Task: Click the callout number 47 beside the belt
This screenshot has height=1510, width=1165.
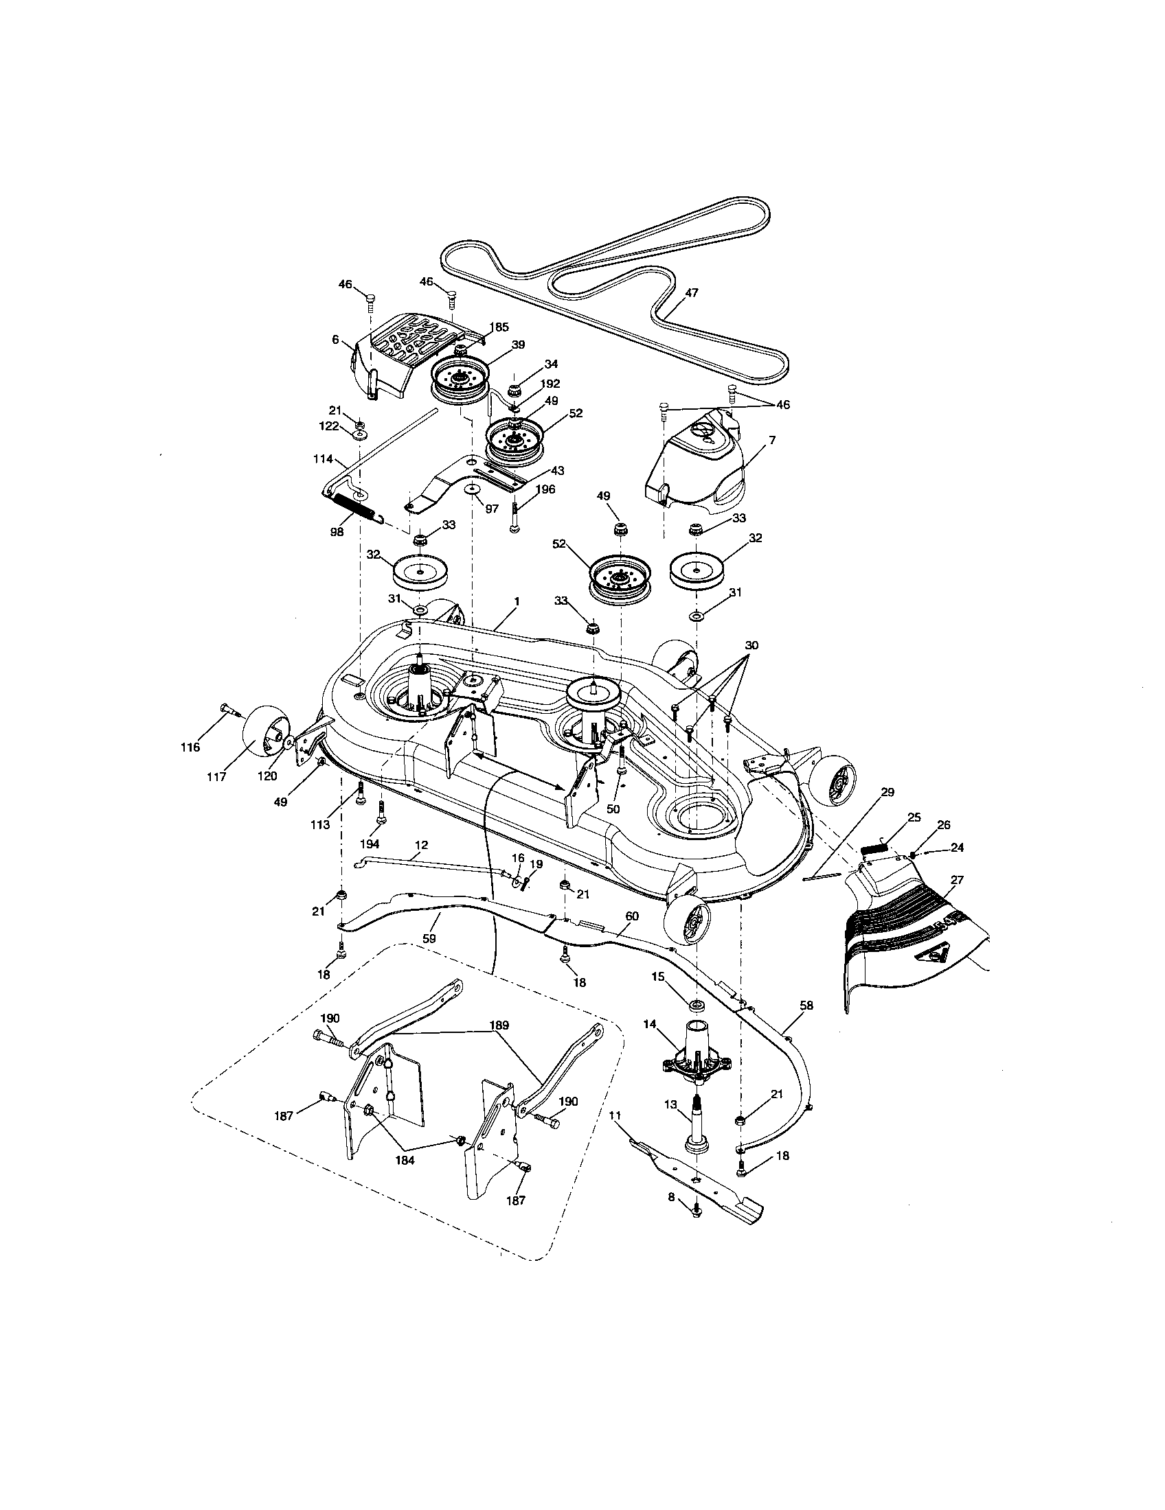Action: pos(691,292)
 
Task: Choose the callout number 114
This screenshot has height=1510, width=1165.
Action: pos(323,458)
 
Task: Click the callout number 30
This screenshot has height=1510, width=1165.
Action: pos(751,645)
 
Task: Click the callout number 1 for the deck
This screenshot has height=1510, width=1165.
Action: pos(517,602)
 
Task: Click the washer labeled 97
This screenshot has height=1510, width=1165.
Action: pos(473,489)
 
